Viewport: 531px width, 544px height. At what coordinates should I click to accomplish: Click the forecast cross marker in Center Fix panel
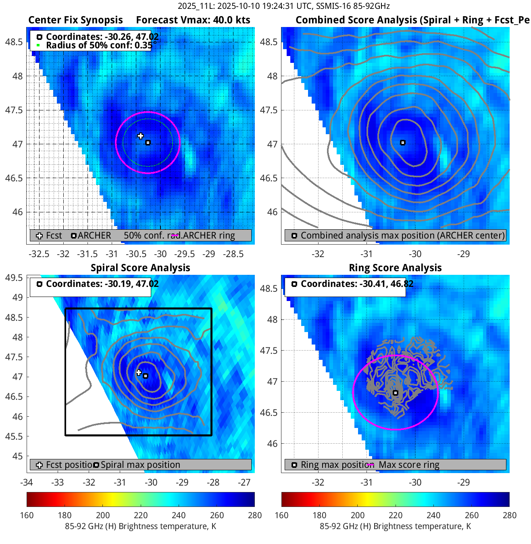[140, 136]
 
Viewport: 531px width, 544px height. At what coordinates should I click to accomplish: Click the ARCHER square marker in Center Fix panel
[148, 143]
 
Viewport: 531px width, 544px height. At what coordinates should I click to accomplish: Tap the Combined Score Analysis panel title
[412, 20]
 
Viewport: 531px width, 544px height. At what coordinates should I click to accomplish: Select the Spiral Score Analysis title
[140, 268]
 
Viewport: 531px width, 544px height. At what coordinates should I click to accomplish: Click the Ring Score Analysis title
[395, 268]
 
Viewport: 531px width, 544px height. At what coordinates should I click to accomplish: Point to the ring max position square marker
[396, 393]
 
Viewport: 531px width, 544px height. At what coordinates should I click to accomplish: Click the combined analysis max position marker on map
[402, 143]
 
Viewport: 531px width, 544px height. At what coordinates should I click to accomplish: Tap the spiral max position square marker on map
[146, 376]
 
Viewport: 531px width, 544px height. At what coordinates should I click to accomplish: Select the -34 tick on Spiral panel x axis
[27, 482]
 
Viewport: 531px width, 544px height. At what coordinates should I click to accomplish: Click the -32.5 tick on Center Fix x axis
[39, 254]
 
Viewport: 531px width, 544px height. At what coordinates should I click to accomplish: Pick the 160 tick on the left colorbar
[27, 515]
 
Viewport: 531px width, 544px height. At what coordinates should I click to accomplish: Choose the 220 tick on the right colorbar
[396, 515]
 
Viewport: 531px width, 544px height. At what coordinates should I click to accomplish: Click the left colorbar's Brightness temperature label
[140, 526]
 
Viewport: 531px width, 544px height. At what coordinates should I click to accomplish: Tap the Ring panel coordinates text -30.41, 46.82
[357, 284]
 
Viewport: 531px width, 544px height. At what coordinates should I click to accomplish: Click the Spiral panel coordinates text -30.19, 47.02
[102, 284]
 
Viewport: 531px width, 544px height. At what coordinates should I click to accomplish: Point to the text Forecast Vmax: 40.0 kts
[193, 20]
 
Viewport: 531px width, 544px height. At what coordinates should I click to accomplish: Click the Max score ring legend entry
[408, 465]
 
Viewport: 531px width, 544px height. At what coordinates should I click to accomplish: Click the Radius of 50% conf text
[99, 45]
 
